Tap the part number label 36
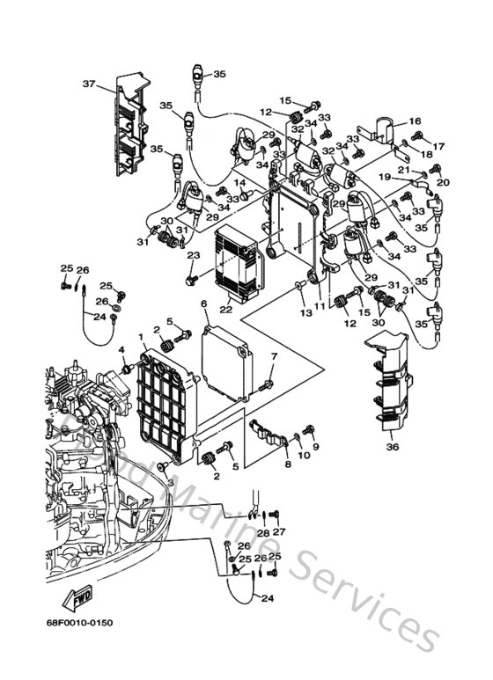[x=392, y=447]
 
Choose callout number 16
[x=415, y=121]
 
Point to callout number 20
[x=443, y=182]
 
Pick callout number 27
[x=279, y=532]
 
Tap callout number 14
[x=239, y=183]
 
